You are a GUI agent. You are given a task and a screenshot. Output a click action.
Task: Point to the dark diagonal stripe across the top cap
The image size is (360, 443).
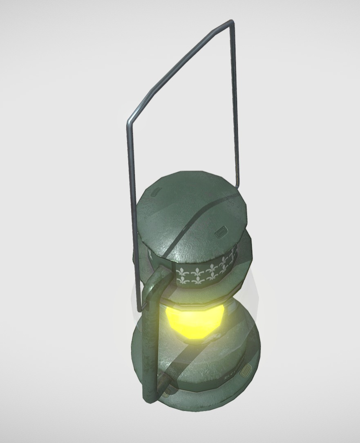192,223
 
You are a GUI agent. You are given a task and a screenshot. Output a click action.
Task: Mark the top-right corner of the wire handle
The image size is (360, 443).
233,21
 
